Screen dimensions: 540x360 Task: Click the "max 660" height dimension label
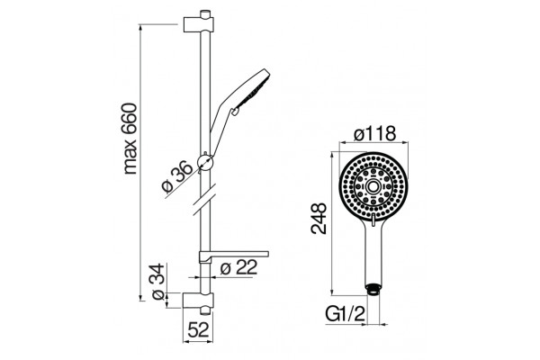tap(130, 139)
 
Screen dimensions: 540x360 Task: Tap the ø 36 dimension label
tap(177, 176)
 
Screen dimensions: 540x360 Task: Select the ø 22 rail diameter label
tap(238, 267)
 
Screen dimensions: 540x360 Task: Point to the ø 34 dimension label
tap(158, 282)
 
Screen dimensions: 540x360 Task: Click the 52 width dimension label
tap(198, 330)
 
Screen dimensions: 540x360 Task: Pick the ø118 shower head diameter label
tap(374, 133)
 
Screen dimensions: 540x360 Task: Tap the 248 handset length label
tap(319, 219)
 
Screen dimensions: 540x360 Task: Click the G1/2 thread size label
tap(345, 314)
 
